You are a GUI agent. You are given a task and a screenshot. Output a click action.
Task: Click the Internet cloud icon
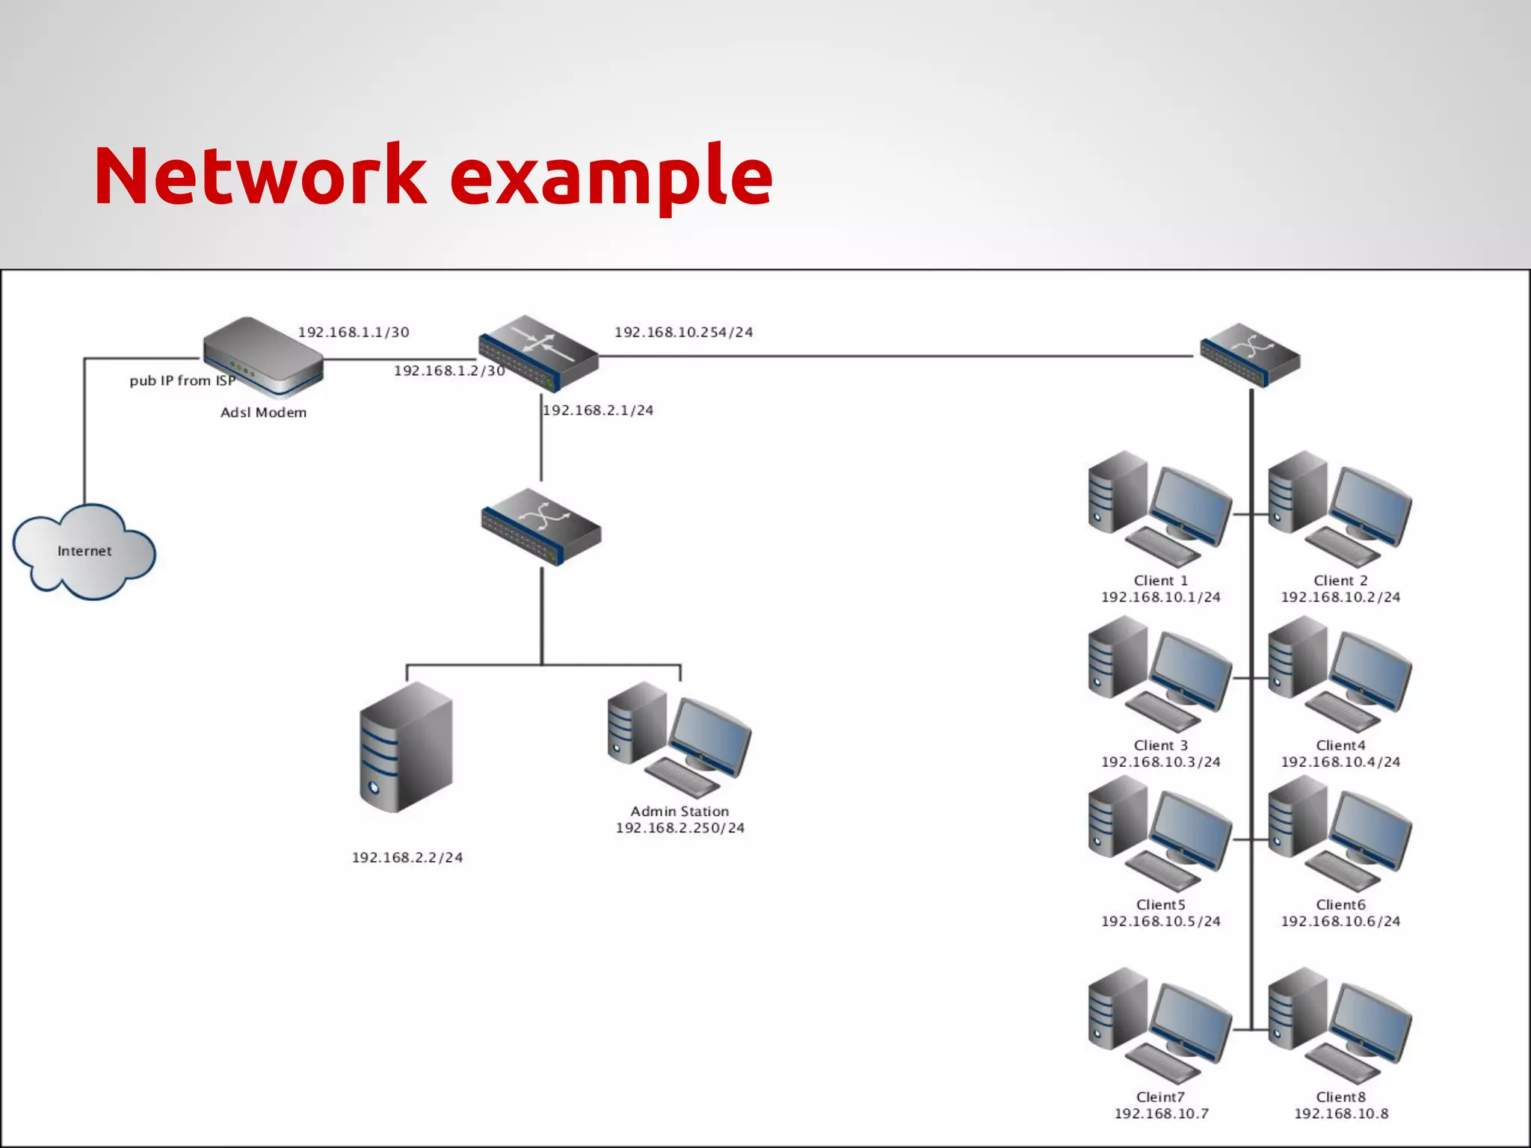(x=84, y=552)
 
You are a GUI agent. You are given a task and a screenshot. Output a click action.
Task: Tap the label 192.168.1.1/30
(x=354, y=332)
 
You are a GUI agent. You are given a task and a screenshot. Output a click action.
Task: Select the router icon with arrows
(x=538, y=352)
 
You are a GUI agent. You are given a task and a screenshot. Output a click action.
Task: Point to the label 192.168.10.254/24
(x=683, y=332)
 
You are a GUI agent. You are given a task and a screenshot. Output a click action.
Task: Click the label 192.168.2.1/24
(x=598, y=410)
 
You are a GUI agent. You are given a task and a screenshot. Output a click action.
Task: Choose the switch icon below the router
(x=541, y=526)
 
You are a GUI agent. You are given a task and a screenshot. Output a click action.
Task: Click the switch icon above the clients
(x=1250, y=355)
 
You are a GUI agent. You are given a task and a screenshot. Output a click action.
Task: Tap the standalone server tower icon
(x=406, y=747)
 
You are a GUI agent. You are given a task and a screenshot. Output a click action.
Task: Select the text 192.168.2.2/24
(x=407, y=857)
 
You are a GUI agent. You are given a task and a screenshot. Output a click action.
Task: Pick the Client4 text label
(x=1340, y=745)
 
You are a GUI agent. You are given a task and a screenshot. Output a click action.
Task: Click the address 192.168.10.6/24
(x=1340, y=921)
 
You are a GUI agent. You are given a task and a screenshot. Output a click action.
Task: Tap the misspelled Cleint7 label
(x=1160, y=1096)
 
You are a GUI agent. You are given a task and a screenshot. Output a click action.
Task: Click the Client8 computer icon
(x=1340, y=1025)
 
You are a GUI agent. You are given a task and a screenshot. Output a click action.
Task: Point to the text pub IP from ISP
(x=182, y=380)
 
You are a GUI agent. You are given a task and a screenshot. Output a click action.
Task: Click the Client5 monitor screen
(x=1191, y=827)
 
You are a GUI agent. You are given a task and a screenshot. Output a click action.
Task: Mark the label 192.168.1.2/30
(x=449, y=371)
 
